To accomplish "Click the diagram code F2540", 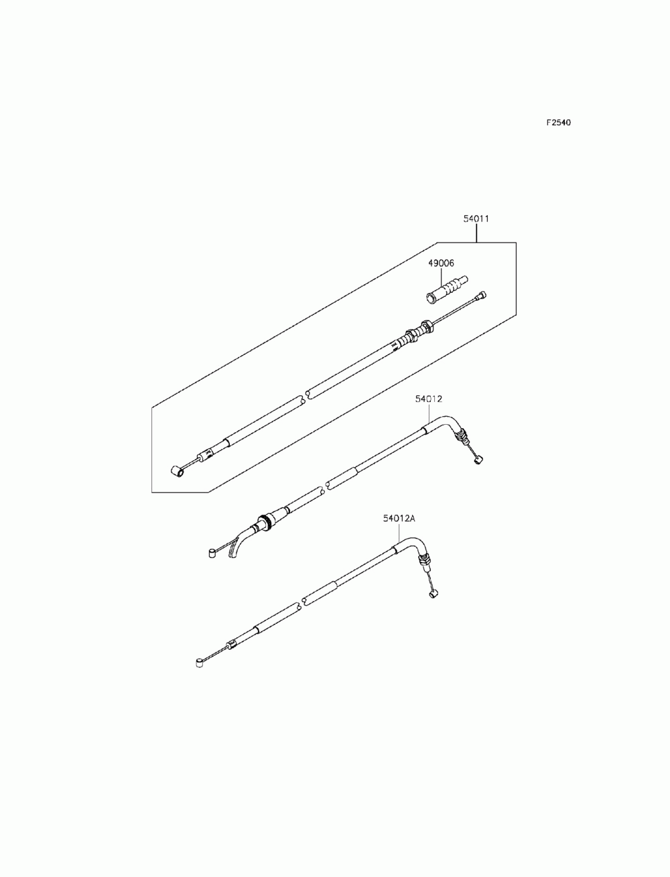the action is [x=557, y=123].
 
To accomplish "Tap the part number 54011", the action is [x=476, y=218].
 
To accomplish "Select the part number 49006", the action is [x=441, y=263].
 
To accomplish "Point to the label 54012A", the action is [x=399, y=518].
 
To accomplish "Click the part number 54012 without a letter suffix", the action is [x=429, y=399].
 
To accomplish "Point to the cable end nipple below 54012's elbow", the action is [x=478, y=459].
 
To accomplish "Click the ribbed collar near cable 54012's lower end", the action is [x=263, y=523].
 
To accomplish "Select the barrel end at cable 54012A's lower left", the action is [x=199, y=664].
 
